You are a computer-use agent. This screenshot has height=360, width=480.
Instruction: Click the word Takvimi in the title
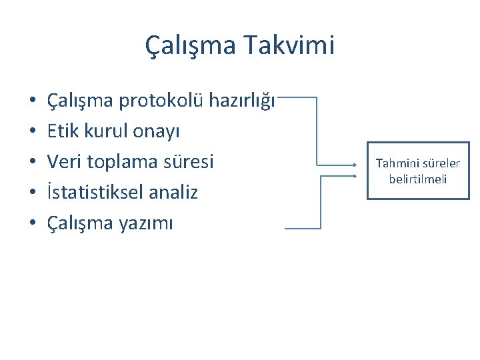(289, 46)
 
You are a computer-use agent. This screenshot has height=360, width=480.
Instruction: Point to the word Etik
(63, 131)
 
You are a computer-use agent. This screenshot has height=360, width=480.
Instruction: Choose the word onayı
(159, 131)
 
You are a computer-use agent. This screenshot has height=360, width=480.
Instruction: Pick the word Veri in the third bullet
(64, 162)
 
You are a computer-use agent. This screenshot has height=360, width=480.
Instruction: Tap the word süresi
(189, 162)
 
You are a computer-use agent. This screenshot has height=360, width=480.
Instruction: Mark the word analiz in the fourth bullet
(175, 193)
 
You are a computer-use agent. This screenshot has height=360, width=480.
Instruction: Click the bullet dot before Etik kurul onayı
(32, 132)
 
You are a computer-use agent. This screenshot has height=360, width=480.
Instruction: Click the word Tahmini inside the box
(398, 163)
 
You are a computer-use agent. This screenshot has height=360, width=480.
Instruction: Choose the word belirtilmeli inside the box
(419, 179)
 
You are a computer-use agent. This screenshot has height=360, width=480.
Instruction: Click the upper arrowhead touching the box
(358, 163)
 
